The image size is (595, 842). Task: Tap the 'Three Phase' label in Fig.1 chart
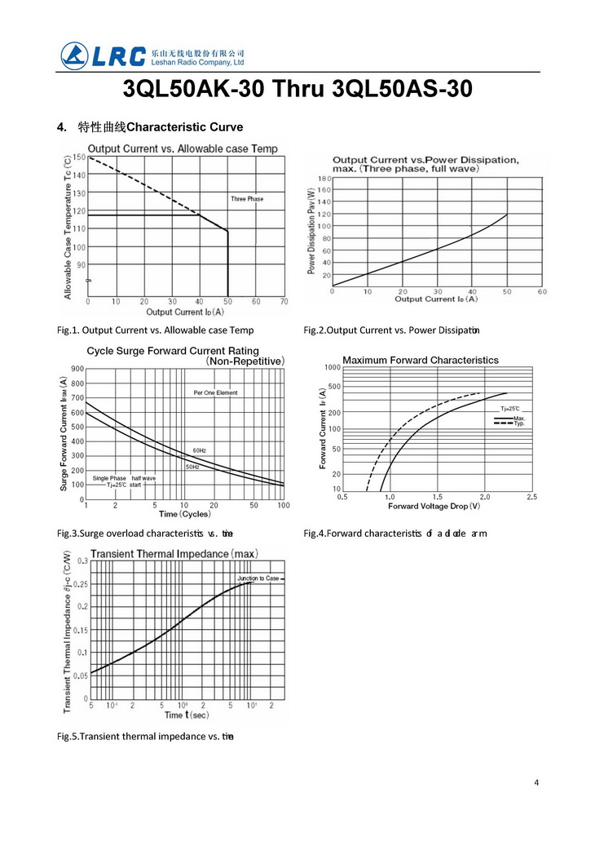pyautogui.click(x=247, y=199)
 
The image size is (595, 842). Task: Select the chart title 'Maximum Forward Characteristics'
pyautogui.click(x=420, y=360)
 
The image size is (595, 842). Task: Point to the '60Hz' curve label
pyautogui.click(x=200, y=450)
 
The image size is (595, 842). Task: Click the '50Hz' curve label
pyautogui.click(x=192, y=467)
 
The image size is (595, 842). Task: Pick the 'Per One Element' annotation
pyautogui.click(x=215, y=392)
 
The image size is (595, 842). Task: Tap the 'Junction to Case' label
pyautogui.click(x=258, y=578)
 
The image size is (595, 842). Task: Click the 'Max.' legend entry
pyautogui.click(x=519, y=418)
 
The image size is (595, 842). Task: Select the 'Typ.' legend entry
pyautogui.click(x=519, y=424)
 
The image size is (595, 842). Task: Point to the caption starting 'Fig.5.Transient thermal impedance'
pyautogui.click(x=146, y=737)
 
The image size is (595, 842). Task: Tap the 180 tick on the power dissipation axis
pyautogui.click(x=324, y=178)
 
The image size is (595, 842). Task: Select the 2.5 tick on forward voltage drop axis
pyautogui.click(x=531, y=496)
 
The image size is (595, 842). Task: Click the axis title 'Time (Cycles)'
pyautogui.click(x=184, y=514)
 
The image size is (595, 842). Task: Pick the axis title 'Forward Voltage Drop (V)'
pyautogui.click(x=434, y=506)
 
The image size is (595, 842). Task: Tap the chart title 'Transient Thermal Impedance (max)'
pyautogui.click(x=185, y=554)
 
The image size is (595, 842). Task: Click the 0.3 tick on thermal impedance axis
pyautogui.click(x=82, y=561)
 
